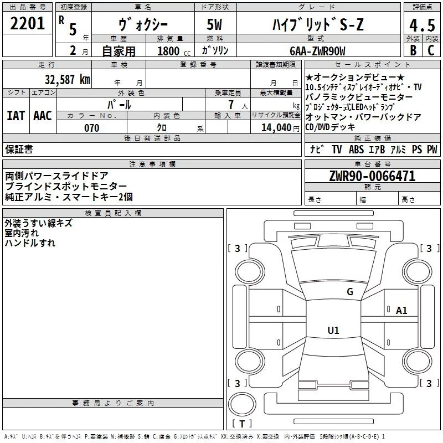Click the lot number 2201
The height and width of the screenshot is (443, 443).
28,24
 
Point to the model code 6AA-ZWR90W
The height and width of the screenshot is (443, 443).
317,51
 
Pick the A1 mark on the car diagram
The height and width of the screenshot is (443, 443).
401,311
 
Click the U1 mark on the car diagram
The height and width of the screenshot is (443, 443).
333,331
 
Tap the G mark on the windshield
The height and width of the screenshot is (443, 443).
349,292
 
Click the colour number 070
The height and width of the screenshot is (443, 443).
91,128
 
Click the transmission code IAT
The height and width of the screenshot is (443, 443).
16,115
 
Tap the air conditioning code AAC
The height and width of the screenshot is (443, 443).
43,115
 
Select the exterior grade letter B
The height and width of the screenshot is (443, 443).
412,50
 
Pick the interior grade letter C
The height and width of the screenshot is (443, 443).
431,50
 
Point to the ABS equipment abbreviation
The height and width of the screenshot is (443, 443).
356,149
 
